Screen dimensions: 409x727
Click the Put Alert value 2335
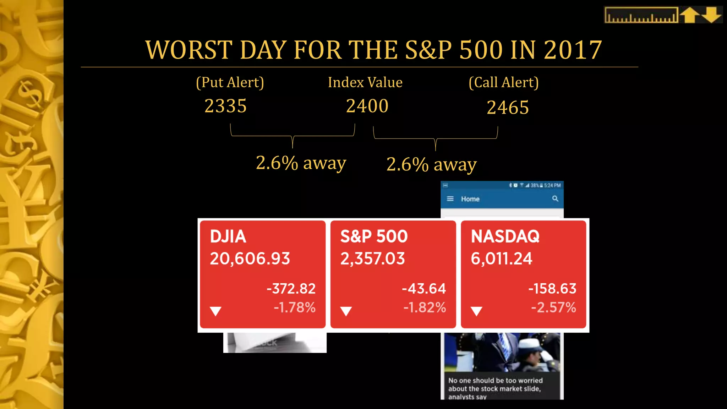coord(225,106)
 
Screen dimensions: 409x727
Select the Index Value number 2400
coord(367,106)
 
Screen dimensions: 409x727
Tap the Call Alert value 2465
coord(508,107)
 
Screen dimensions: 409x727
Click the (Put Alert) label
coord(230,82)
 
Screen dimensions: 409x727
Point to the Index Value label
coord(365,82)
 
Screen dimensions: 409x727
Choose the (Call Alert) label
coord(503,82)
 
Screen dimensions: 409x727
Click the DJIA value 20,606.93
coord(250,258)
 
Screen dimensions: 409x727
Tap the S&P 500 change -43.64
coord(424,288)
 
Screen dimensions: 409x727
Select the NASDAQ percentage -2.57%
coord(553,307)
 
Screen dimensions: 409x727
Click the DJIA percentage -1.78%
coord(295,307)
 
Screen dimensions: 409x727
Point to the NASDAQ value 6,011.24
coord(501,258)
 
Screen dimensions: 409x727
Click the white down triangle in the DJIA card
coord(215,311)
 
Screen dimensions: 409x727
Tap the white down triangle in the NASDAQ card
coord(476,311)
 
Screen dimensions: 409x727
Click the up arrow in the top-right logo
coord(690,15)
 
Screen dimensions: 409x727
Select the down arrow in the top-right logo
coord(711,15)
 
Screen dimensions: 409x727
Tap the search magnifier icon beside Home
coord(555,199)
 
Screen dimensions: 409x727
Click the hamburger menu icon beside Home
coord(450,199)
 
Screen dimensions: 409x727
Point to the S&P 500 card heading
coord(374,236)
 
